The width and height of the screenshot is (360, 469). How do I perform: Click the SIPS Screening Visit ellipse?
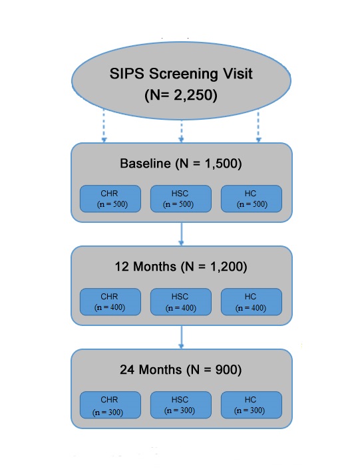pos(181,80)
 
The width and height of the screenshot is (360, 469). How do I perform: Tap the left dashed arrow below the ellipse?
pos(104,125)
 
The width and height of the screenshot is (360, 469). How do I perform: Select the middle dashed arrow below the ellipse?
pos(181,131)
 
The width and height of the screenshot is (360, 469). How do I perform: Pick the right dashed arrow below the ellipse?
pos(259,126)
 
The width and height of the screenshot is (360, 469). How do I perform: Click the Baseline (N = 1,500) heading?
pos(181,164)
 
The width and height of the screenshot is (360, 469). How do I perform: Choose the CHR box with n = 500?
pos(110,199)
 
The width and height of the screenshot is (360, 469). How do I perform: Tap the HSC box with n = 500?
pos(181,199)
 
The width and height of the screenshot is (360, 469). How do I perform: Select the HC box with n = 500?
pos(252,199)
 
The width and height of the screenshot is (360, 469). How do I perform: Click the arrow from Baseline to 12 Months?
pos(181,234)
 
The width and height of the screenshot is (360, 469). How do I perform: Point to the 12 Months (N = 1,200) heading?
pos(181,267)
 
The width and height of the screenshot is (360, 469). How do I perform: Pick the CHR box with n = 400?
pos(110,302)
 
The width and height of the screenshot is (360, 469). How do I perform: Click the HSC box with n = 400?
pos(181,302)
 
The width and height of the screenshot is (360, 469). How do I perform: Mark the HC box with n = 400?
pos(252,302)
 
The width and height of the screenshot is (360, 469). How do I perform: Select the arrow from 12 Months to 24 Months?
pos(181,337)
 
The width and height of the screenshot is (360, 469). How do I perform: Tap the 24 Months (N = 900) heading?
pos(181,370)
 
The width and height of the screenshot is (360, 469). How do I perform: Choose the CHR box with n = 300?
pos(110,405)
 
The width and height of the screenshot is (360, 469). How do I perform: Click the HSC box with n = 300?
pos(181,405)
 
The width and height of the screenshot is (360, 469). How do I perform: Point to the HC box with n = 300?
pos(252,405)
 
